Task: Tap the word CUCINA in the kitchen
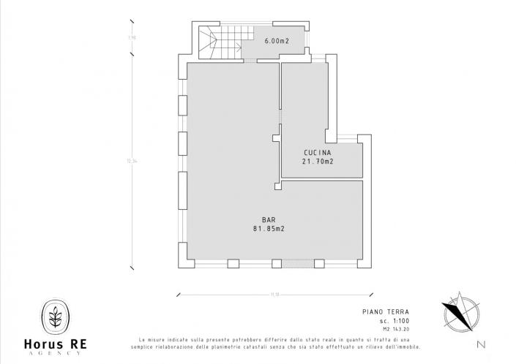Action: (x=318, y=153)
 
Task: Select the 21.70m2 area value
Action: (x=318, y=162)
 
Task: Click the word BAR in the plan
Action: (x=269, y=220)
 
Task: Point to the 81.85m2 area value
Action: (x=269, y=229)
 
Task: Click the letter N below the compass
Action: (x=479, y=344)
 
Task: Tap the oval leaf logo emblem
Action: (x=56, y=316)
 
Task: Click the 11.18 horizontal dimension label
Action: (x=274, y=295)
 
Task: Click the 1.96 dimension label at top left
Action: (x=132, y=37)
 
